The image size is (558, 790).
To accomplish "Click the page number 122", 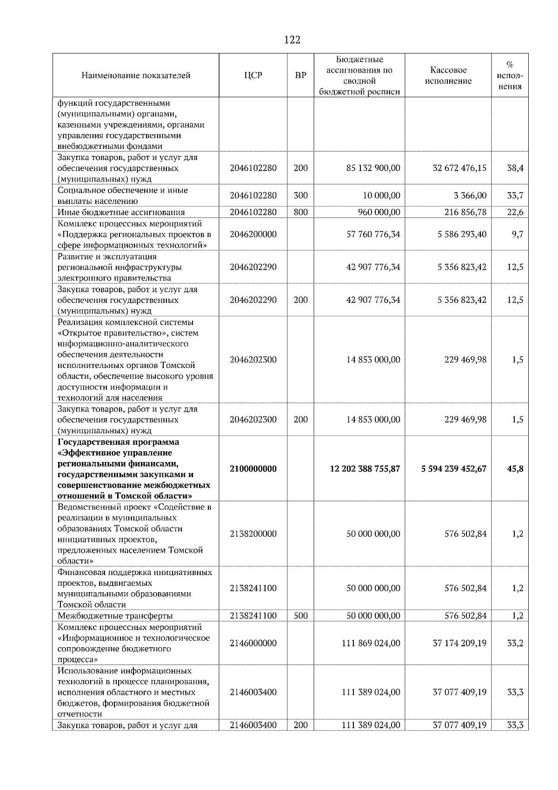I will [292, 40].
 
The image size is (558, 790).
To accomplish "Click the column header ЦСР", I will [253, 75].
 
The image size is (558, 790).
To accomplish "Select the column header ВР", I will [301, 75].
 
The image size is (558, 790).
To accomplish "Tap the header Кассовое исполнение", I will [448, 75].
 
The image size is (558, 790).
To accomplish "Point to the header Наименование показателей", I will [136, 75].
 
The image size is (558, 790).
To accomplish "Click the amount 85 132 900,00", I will [373, 168].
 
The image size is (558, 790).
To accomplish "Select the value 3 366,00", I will [470, 195].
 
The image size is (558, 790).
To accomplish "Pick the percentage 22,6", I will [515, 212].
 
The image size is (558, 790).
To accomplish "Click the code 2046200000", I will [253, 234].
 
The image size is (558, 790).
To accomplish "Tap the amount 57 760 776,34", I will [373, 234].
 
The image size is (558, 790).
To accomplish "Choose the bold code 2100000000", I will [253, 469].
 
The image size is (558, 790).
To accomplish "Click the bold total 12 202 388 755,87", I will [365, 469].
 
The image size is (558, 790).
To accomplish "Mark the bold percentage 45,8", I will [515, 469].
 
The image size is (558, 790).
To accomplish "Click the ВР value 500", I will [301, 616].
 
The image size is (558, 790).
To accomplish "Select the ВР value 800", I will [301, 212].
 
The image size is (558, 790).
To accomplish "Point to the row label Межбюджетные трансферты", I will [115, 616].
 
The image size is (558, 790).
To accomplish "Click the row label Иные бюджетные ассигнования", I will [121, 212].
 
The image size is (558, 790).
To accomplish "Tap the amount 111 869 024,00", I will [371, 643].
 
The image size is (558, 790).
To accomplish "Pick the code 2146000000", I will [253, 643].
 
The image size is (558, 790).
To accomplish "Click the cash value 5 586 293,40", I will [462, 234].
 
